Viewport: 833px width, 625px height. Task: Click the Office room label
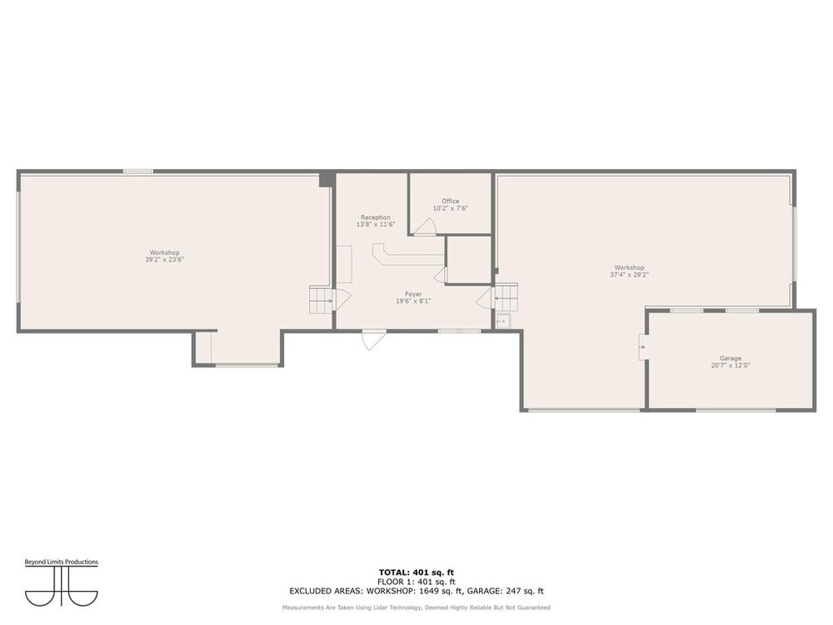[x=450, y=201]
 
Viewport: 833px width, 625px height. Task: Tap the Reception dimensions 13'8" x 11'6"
[x=376, y=225]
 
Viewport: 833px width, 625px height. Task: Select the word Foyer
[x=413, y=294]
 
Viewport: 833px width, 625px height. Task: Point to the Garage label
[x=731, y=358]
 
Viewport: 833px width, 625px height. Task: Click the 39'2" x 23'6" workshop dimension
[x=165, y=260]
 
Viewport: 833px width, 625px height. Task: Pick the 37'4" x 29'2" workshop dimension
[x=630, y=275]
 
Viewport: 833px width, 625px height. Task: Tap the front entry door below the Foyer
[x=374, y=340]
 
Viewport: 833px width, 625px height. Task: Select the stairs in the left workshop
[x=321, y=300]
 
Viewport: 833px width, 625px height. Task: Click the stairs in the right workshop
[x=506, y=297]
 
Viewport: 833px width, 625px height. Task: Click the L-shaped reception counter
[x=407, y=255]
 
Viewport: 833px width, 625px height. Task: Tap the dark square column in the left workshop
[x=327, y=179]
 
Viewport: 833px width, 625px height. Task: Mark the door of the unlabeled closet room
[x=441, y=275]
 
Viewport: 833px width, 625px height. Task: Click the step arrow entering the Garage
[x=642, y=347]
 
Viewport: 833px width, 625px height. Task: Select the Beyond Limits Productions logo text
[x=61, y=562]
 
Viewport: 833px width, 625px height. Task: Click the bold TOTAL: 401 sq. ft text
[x=416, y=572]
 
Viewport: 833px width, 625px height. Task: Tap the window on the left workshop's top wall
[x=138, y=171]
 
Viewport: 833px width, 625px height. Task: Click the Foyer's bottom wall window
[x=460, y=331]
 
